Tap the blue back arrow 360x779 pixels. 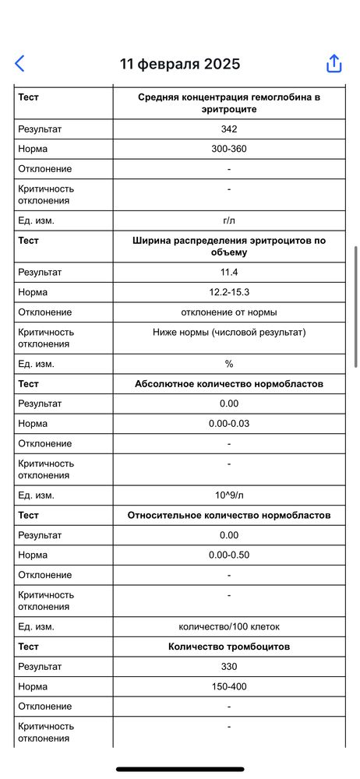[20, 64]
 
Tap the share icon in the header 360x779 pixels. [334, 64]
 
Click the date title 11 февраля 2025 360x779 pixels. [180, 64]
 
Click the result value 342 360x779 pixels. [229, 129]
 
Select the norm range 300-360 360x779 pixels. [229, 149]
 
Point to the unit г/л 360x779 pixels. [229, 220]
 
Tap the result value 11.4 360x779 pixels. [229, 273]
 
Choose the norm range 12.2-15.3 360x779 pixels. [229, 292]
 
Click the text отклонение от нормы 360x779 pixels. [229, 312]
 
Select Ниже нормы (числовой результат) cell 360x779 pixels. [229, 332]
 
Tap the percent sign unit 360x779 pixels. [229, 364]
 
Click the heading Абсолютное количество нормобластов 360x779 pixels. [229, 384]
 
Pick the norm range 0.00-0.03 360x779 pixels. [229, 424]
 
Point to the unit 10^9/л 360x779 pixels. [229, 495]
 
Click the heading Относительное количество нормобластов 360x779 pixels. [229, 516]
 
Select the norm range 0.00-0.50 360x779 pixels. [229, 555]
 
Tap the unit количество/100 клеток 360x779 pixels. [229, 627]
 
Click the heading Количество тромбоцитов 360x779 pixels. [229, 647]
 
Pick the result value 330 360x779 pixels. [229, 667]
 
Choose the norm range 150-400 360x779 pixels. [229, 687]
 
